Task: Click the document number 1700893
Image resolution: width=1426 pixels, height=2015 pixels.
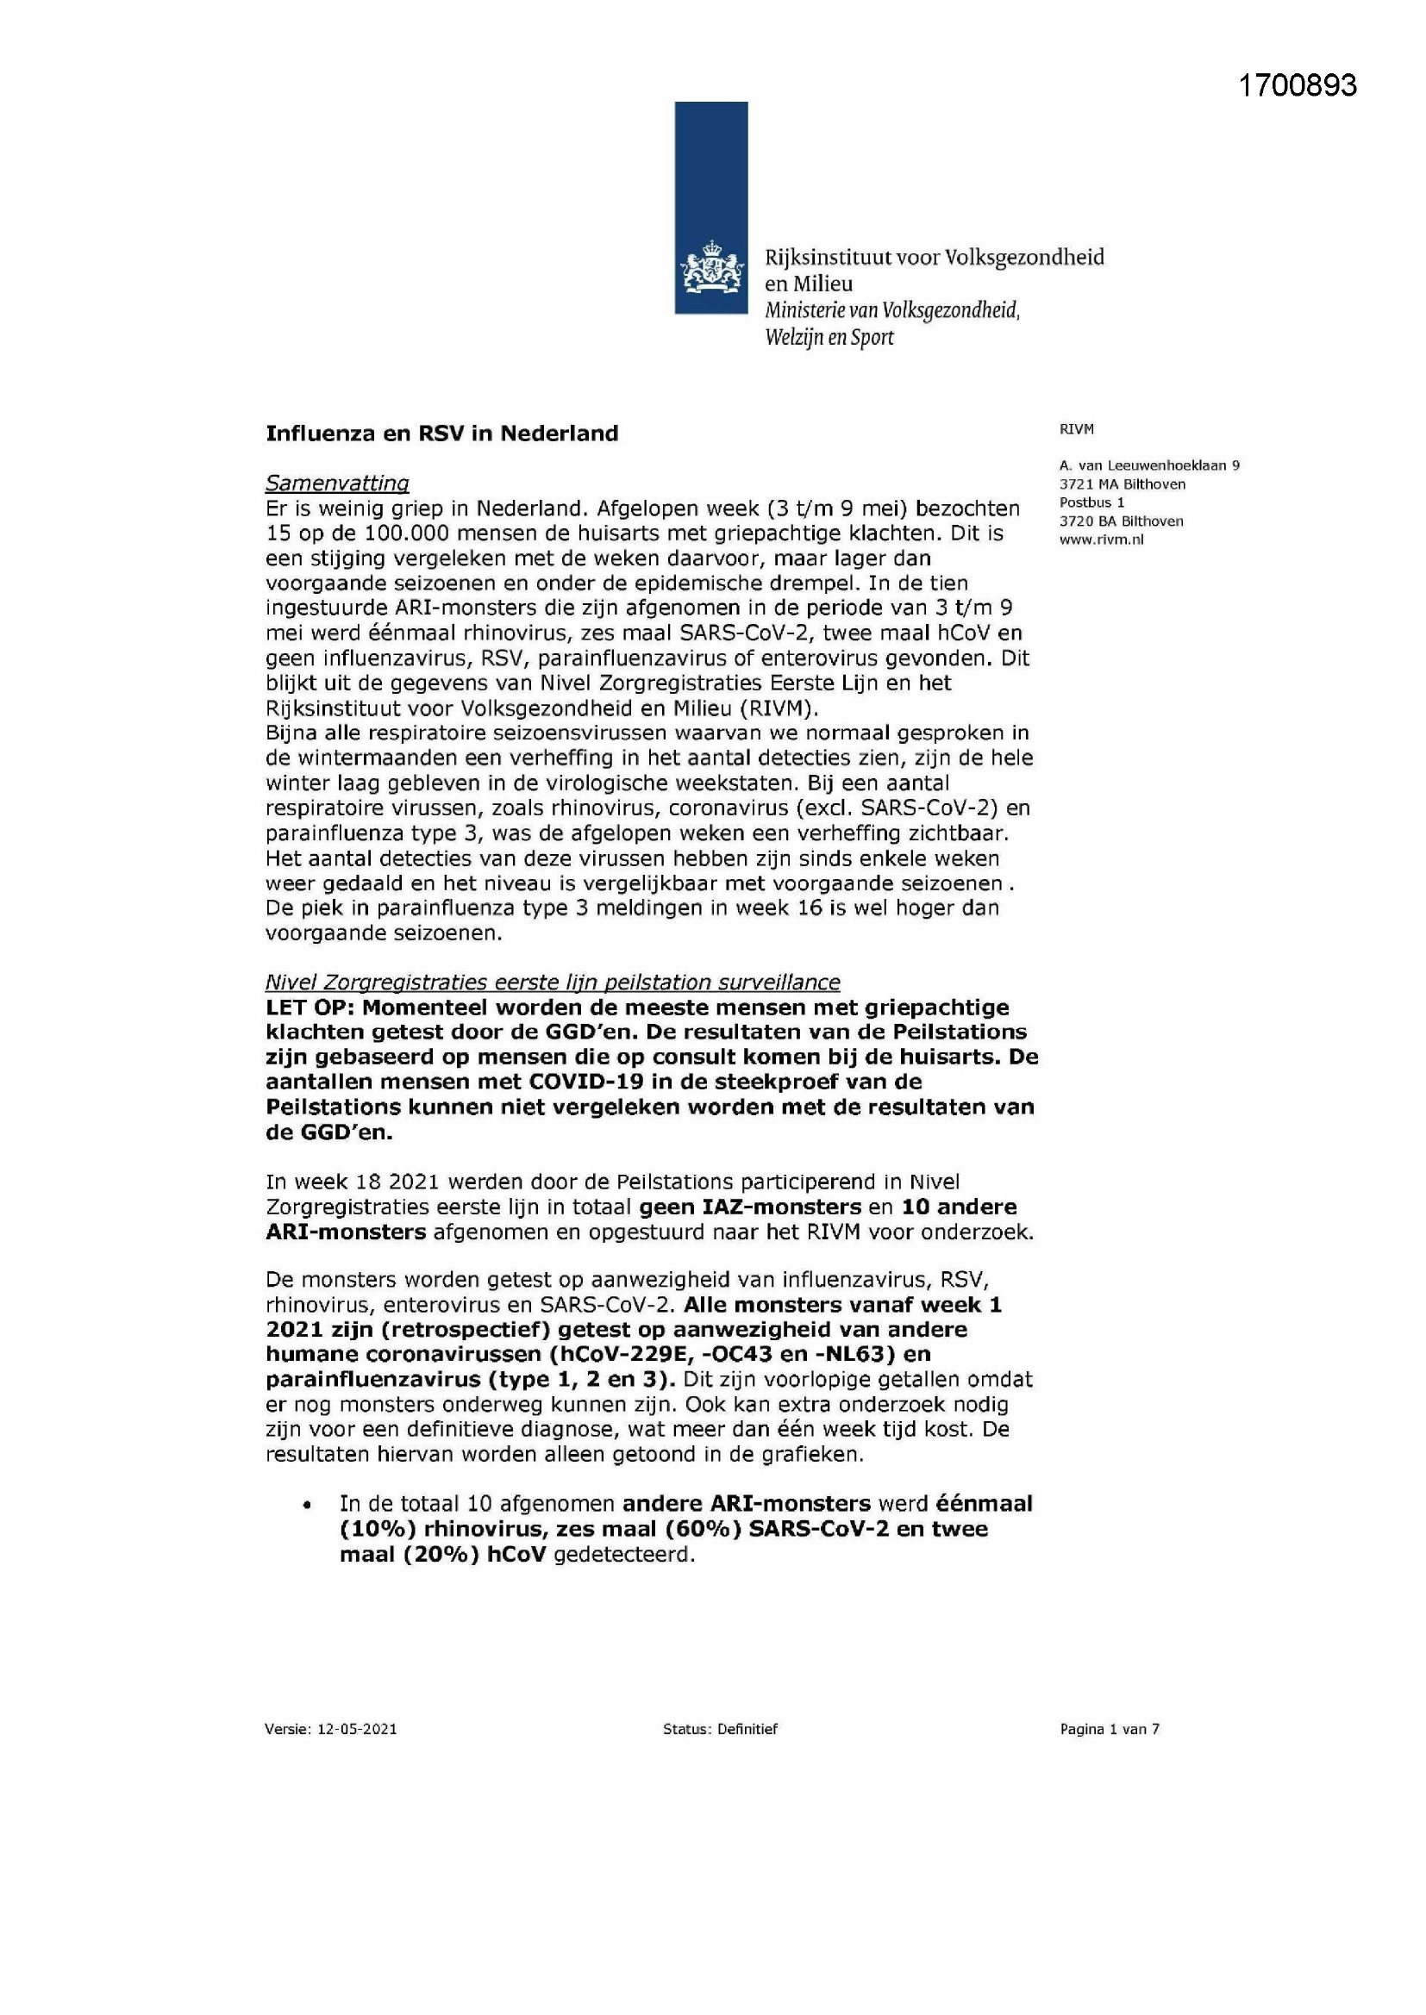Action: [1297, 86]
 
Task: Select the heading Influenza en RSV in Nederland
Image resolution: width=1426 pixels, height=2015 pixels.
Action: [441, 434]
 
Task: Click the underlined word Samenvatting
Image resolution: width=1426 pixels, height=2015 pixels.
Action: [337, 483]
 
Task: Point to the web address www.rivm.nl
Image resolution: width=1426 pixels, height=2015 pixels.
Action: [1101, 540]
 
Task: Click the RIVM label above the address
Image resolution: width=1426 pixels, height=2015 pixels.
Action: [1077, 429]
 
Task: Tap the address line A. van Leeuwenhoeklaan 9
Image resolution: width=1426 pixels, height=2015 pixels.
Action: [1149, 466]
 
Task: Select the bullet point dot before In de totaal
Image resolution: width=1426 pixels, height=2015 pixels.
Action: [306, 1506]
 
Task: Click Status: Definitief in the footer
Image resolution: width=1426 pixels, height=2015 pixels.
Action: [720, 1729]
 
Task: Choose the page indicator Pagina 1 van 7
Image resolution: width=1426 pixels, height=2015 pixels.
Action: [1109, 1729]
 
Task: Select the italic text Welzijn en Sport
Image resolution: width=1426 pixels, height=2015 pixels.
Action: [829, 338]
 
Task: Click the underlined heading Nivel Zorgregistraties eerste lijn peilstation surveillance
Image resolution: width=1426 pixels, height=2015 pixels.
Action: [553, 982]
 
